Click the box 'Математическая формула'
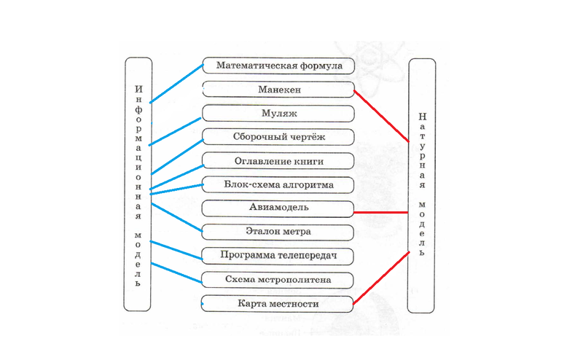[278, 66]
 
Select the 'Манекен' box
[278, 90]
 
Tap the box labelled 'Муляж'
[278, 114]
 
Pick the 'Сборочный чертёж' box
[278, 137]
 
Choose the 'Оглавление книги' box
[278, 161]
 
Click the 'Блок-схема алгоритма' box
[278, 184]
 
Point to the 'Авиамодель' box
[278, 208]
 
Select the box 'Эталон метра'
[278, 232]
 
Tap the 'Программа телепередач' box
[278, 256]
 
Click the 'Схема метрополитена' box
[278, 279]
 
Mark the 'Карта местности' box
[278, 302]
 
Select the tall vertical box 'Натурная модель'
[422, 175]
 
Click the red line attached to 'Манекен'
[381, 115]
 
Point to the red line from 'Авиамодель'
[380, 212]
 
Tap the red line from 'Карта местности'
[380, 276]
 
